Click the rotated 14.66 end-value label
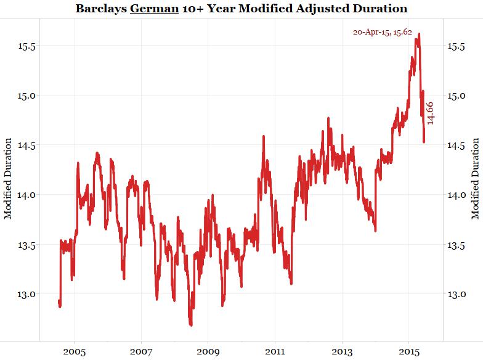(431, 113)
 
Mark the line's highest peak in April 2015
(419, 34)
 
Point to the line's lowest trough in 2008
(191, 325)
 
